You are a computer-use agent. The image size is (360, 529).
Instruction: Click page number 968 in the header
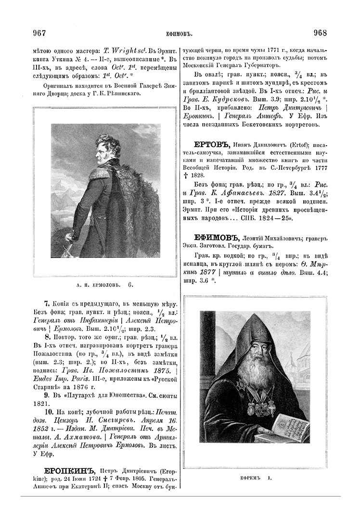pos(320,33)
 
